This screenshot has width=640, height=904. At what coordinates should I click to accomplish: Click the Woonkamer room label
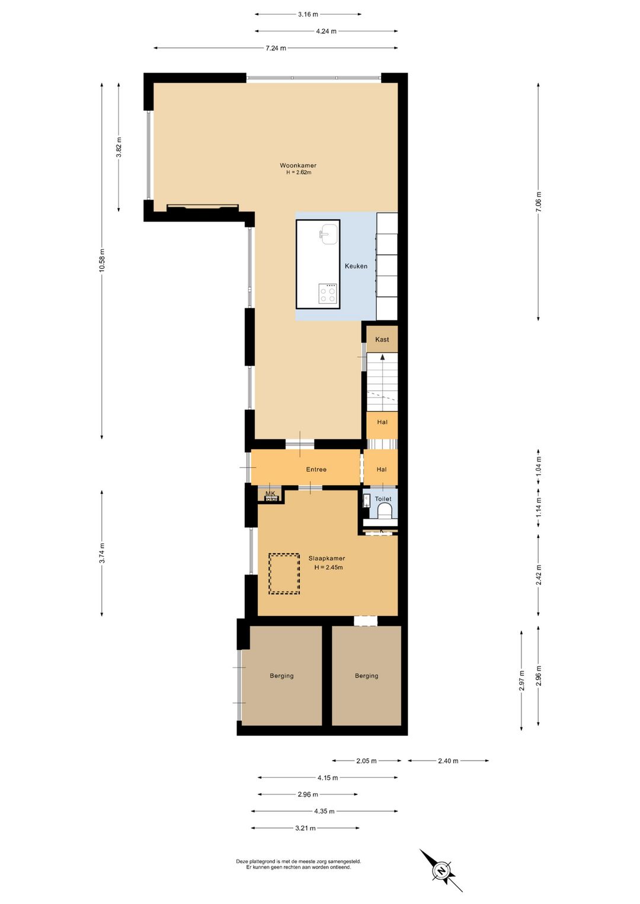point(298,165)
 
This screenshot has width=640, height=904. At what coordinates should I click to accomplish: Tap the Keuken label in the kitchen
point(356,267)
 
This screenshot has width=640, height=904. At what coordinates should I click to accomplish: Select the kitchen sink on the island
point(329,235)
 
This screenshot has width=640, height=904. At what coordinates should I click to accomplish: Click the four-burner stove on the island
point(327,294)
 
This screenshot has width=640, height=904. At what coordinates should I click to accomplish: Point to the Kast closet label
point(382,339)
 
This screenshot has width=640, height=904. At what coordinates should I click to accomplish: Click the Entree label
point(316,469)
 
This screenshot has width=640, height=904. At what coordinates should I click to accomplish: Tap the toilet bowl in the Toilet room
point(383,512)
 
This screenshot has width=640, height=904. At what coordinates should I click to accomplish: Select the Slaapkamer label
point(327,559)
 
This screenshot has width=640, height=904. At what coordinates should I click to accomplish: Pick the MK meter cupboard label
point(270,493)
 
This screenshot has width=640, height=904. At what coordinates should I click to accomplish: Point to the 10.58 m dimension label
point(102,261)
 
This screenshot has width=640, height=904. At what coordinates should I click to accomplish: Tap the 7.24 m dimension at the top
point(276,49)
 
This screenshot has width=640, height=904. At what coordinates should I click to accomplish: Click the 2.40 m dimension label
point(448,761)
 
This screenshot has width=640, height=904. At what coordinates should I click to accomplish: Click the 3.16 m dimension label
point(308,15)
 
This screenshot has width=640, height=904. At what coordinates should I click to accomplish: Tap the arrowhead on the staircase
point(382,357)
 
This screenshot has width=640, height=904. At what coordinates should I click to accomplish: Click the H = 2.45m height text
point(329,568)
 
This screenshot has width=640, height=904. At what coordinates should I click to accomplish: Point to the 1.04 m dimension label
point(538,467)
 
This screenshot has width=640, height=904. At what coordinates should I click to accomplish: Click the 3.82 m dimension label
point(119,148)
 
